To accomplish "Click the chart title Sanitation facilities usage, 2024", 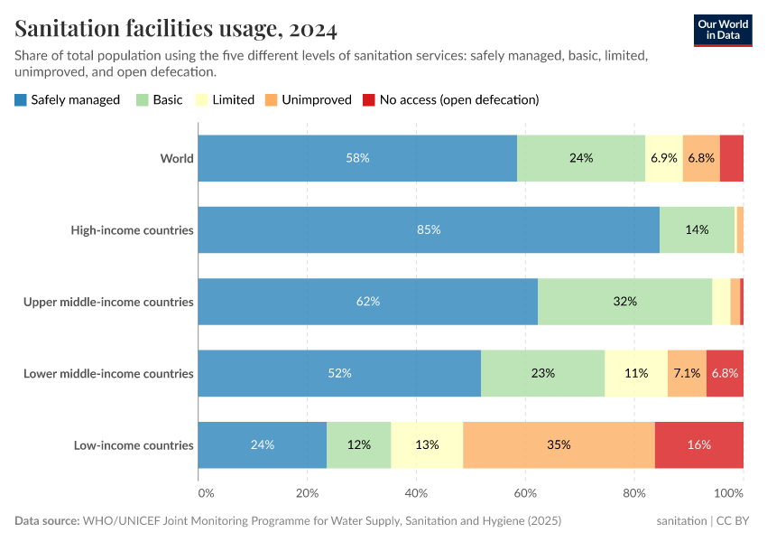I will [x=176, y=30].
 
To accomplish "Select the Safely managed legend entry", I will [x=68, y=99].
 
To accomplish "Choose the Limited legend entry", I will [x=225, y=99].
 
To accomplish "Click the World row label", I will [x=177, y=158].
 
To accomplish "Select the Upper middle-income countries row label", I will [x=108, y=302].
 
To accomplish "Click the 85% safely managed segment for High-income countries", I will [x=429, y=229].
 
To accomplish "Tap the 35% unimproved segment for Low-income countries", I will [x=559, y=444].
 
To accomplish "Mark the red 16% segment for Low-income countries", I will [x=699, y=444].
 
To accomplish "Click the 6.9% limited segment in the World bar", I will [x=664, y=158].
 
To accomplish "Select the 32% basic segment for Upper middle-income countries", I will [x=624, y=302].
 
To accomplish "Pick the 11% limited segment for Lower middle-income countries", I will [x=636, y=373].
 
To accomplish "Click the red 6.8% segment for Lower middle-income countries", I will [x=725, y=373].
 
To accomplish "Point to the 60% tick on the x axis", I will [x=525, y=493].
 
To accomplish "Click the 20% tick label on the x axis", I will [x=307, y=493].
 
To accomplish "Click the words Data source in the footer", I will [x=46, y=521].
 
